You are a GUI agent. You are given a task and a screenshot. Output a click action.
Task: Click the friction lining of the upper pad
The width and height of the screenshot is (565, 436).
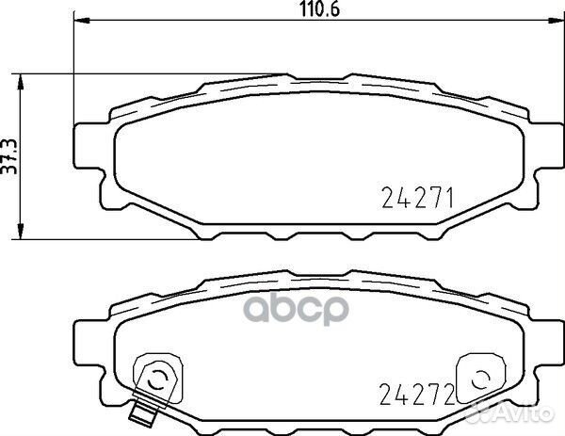click(282, 155)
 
